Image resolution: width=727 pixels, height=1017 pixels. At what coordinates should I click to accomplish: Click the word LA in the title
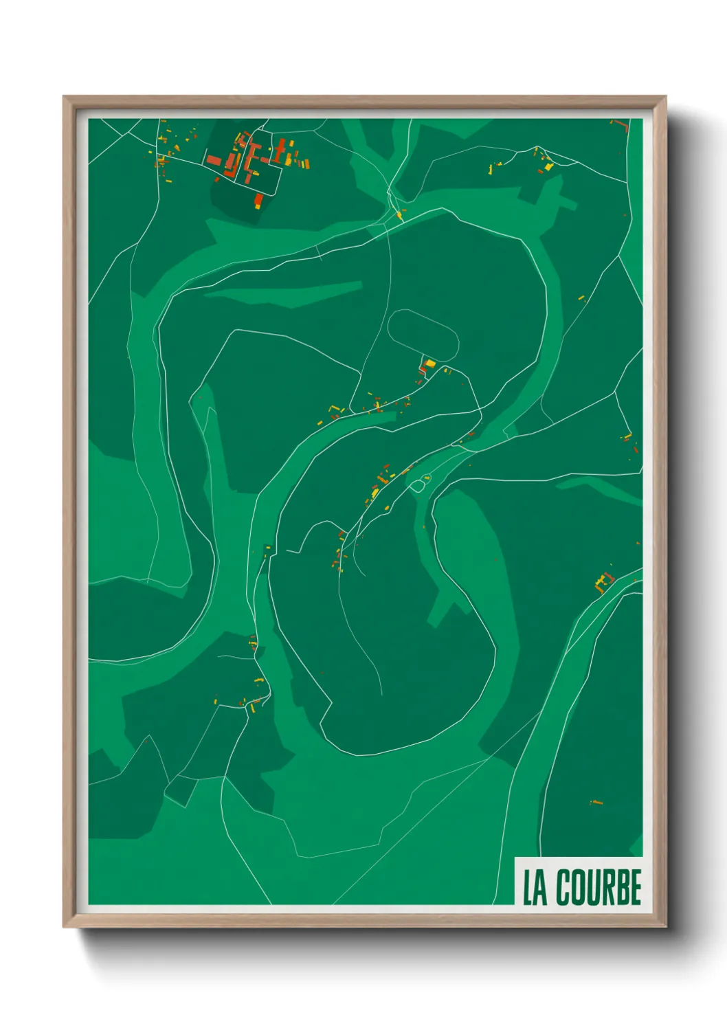[535, 887]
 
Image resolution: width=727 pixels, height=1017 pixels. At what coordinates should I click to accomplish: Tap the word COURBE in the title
[599, 887]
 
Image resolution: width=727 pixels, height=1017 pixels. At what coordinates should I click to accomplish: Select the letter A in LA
[541, 887]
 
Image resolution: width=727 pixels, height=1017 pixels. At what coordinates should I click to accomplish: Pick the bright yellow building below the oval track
[430, 364]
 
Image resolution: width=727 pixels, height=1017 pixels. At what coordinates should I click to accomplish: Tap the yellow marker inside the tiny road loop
[427, 478]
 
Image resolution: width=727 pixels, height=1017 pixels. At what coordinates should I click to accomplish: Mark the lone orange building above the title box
[596, 802]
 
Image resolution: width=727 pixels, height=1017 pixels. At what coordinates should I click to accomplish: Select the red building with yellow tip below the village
[259, 200]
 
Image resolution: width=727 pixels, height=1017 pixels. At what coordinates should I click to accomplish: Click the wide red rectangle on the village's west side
[214, 161]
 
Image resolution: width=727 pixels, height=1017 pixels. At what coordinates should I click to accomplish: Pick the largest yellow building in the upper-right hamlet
[548, 166]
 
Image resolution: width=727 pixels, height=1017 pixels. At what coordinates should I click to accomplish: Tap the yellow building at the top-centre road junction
[399, 216]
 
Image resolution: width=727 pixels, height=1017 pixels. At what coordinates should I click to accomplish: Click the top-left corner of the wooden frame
[64, 97]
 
